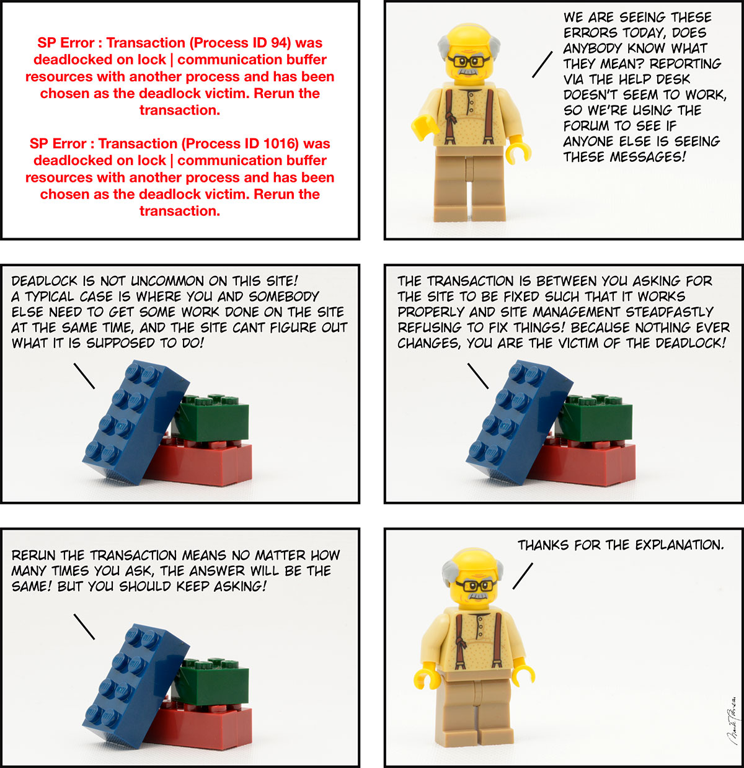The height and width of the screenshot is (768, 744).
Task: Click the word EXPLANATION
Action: tap(680, 545)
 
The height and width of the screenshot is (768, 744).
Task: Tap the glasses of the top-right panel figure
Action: tap(469, 61)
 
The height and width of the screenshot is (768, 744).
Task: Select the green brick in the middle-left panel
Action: tap(211, 416)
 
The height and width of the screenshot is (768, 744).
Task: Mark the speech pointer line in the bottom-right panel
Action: tap(523, 576)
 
